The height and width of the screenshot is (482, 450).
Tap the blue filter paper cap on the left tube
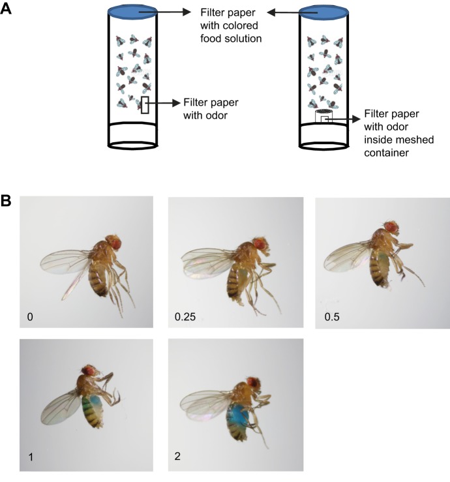(132, 11)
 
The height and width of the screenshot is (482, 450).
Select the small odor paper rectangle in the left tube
(145, 105)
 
